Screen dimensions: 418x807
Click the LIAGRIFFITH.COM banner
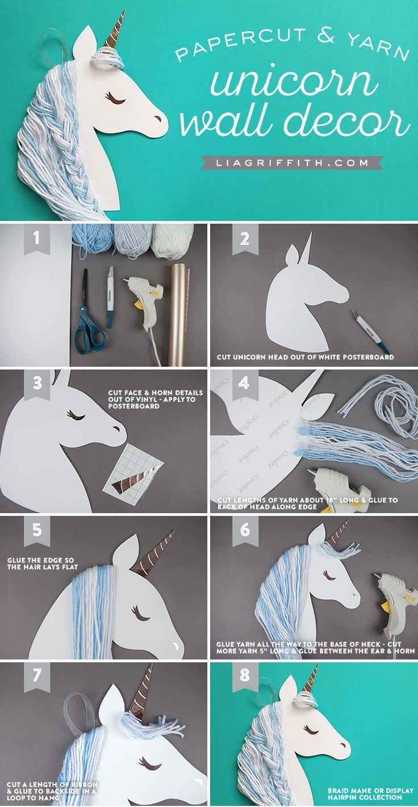click(x=292, y=163)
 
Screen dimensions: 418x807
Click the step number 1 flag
click(x=36, y=239)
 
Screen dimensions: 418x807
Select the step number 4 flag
click(x=244, y=385)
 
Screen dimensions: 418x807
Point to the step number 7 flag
click(x=36, y=677)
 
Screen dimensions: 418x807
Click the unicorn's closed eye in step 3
click(x=76, y=415)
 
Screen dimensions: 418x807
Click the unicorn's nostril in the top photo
click(x=158, y=118)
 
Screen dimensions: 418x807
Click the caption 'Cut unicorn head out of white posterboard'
click(x=305, y=357)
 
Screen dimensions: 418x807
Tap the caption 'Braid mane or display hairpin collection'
click(x=370, y=795)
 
